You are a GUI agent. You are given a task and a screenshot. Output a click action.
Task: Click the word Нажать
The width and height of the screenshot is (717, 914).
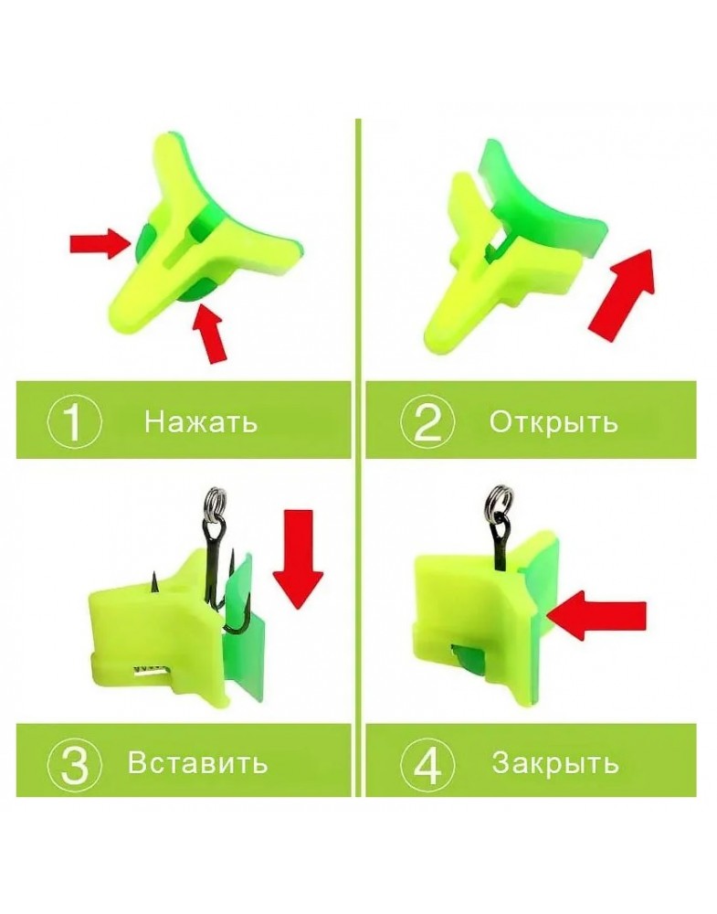(200, 420)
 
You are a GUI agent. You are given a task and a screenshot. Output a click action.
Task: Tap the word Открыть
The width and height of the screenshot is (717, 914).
(553, 421)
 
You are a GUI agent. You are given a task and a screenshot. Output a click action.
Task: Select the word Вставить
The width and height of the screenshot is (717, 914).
(198, 762)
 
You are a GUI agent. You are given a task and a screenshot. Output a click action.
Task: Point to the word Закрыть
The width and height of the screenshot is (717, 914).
(554, 762)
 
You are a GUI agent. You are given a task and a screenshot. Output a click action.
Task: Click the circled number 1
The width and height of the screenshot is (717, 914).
(74, 421)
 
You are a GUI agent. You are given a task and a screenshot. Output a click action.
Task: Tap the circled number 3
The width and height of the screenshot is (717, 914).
(74, 763)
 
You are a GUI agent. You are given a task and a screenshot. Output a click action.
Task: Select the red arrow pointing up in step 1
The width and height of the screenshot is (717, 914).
(211, 334)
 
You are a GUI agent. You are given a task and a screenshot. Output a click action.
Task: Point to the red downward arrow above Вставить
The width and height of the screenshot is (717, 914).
(298, 559)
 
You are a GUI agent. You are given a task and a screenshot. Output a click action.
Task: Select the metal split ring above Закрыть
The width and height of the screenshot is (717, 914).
(496, 501)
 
